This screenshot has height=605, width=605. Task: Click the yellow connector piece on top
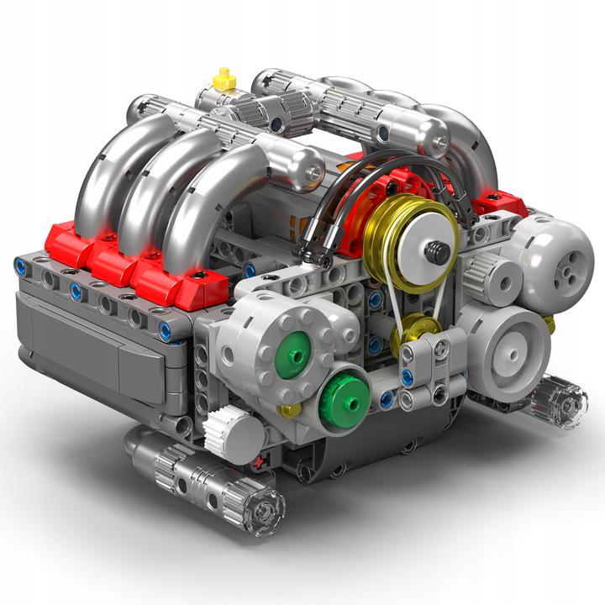coord(224,79)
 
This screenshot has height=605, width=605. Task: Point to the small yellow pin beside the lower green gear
coord(290,410)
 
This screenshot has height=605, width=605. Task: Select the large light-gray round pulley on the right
coord(504,344)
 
